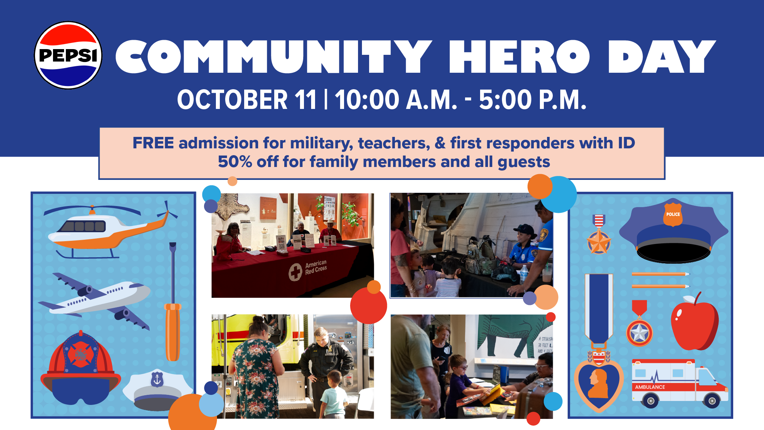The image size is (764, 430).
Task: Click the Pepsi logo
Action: point(68,55)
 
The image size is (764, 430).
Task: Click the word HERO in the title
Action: point(519,56)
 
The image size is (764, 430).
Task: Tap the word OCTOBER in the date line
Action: point(232,100)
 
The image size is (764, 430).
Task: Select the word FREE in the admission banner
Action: point(153,143)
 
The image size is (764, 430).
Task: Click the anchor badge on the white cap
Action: point(157,379)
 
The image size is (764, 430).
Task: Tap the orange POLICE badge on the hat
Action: point(673,214)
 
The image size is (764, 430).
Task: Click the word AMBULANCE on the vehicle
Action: point(650,387)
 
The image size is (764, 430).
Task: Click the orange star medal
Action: point(599,242)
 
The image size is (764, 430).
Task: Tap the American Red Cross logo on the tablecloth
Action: point(296,272)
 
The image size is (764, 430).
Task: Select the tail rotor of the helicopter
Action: point(167,212)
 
